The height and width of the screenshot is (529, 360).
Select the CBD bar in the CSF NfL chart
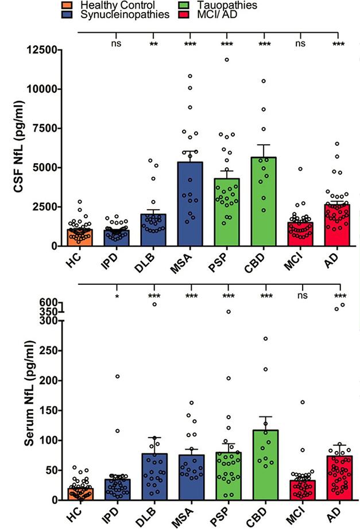[266, 201]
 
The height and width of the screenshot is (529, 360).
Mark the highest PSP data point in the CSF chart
[227, 60]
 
